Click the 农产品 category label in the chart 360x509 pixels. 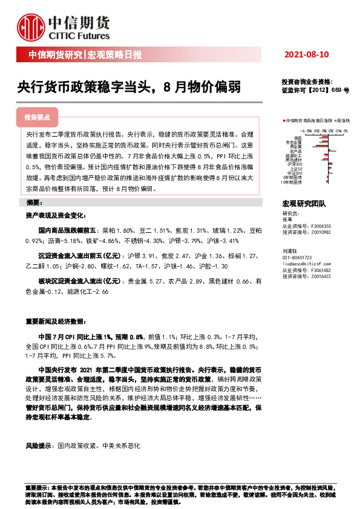tap(296, 151)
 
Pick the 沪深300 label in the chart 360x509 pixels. tap(295, 164)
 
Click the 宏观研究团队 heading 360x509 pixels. tap(304, 205)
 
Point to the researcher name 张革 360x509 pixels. tap(287, 219)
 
